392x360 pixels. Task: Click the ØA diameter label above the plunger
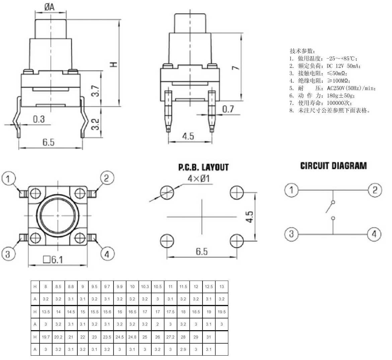pyautogui.click(x=49, y=7)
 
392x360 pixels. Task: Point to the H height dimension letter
pyautogui.click(x=114, y=64)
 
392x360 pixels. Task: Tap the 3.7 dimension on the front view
pyautogui.click(x=96, y=91)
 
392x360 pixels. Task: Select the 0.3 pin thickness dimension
pyautogui.click(x=39, y=119)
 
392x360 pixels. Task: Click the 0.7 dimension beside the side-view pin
pyautogui.click(x=228, y=109)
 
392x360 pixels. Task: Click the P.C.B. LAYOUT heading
pyautogui.click(x=203, y=167)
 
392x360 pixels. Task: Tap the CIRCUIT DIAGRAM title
pyautogui.click(x=333, y=166)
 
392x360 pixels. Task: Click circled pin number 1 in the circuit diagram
pyautogui.click(x=291, y=190)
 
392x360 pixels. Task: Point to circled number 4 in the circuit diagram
pyautogui.click(x=374, y=233)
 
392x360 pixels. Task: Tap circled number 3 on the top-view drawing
pyautogui.click(x=8, y=254)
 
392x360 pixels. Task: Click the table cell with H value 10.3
pyautogui.click(x=145, y=287)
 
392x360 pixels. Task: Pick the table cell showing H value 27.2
pyautogui.click(x=170, y=337)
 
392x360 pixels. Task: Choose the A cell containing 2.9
pyautogui.click(x=183, y=349)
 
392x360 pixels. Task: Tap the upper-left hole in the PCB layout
pyautogui.click(x=167, y=192)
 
